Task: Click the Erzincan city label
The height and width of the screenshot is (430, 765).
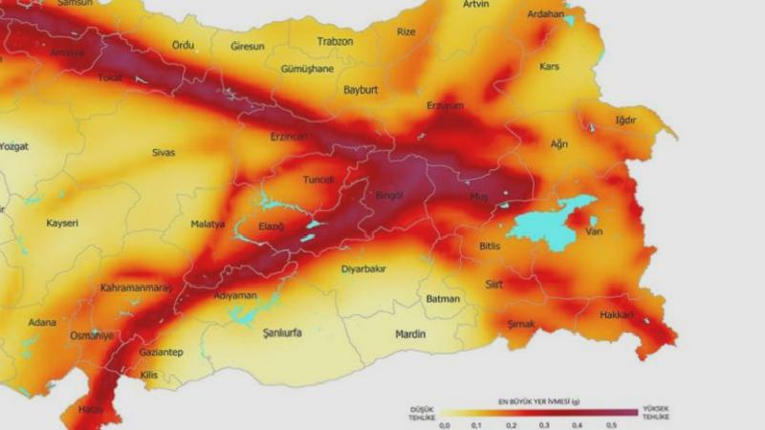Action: (289, 138)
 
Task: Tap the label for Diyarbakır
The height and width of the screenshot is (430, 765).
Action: (363, 269)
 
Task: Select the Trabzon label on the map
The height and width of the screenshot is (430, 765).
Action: (335, 42)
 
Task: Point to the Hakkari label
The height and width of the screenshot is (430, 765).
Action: (617, 314)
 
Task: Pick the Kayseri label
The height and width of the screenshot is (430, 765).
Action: (62, 224)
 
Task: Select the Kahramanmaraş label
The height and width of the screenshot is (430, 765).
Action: (138, 288)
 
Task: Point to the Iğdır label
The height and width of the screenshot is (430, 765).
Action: (626, 120)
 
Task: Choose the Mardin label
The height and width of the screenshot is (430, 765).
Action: (410, 334)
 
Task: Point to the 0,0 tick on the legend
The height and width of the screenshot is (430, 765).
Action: (444, 424)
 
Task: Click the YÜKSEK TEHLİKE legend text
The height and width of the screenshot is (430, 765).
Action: (655, 411)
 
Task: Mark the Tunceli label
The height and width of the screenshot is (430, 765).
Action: (317, 180)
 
